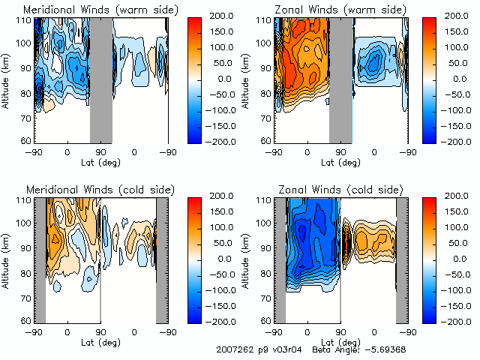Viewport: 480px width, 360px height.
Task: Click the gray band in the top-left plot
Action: (101, 79)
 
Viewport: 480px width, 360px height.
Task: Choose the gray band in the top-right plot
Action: (340, 79)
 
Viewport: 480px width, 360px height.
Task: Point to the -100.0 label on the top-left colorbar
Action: (222, 109)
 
